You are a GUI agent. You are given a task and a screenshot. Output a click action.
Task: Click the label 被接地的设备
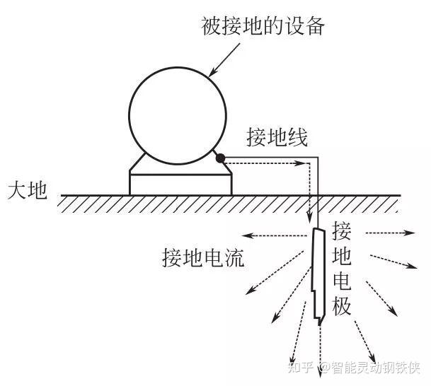pyautogui.click(x=263, y=27)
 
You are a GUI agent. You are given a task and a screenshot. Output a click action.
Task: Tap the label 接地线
pyautogui.click(x=277, y=136)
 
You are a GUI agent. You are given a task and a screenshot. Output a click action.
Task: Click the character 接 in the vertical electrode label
pyautogui.click(x=342, y=231)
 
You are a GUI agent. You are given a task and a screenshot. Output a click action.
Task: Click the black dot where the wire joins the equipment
pyautogui.click(x=221, y=158)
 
